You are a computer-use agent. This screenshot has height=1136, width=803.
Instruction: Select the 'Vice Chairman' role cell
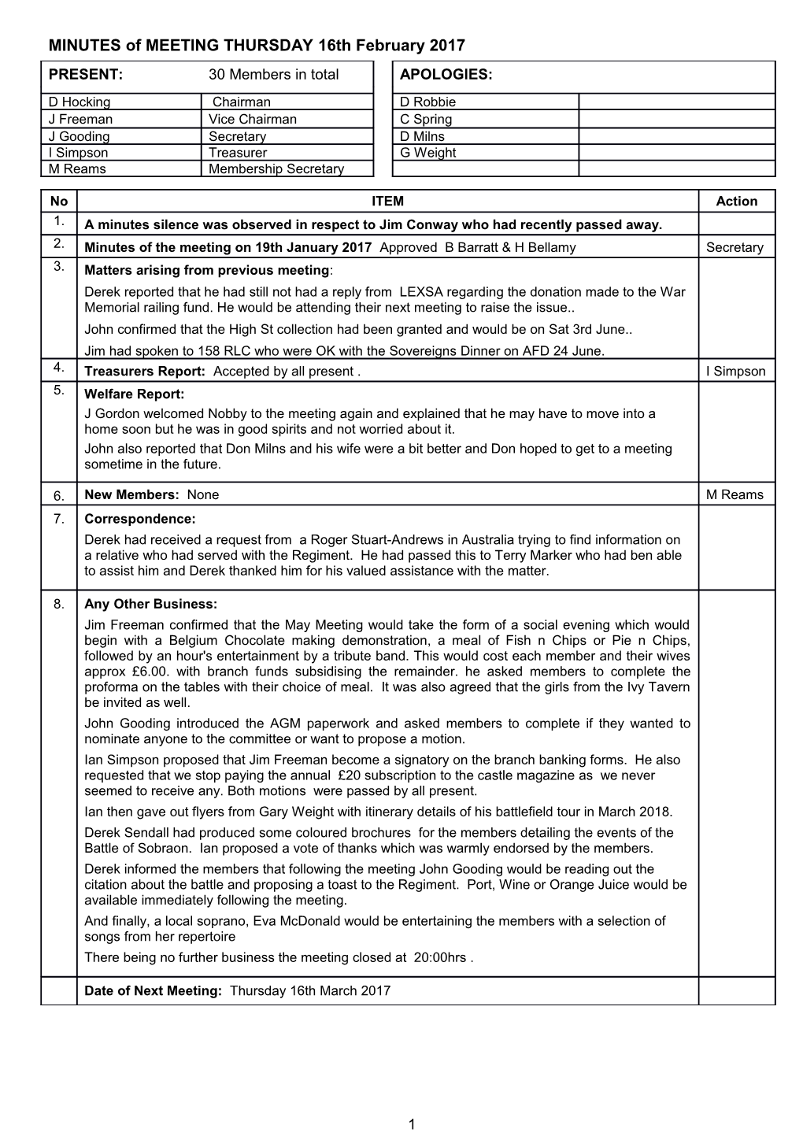pos(252,119)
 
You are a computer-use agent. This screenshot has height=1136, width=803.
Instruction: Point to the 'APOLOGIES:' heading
pos(446,75)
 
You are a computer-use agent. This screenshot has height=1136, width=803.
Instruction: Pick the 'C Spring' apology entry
pos(426,119)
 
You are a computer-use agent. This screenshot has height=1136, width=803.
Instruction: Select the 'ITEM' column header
pos(387,202)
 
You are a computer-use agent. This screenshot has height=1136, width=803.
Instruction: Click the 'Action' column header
pos(736,202)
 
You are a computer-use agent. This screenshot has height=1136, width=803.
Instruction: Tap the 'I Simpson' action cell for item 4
pos(735,372)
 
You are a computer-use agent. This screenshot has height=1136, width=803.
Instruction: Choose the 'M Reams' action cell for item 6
pos(735,494)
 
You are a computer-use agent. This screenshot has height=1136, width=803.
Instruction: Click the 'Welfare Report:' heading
pos(134,394)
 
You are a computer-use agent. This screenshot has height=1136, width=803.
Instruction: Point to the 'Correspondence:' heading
pos(139,520)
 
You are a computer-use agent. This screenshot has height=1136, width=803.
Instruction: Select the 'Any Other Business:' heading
pos(150,605)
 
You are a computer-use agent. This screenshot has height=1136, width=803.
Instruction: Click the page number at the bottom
pos(411,1123)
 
